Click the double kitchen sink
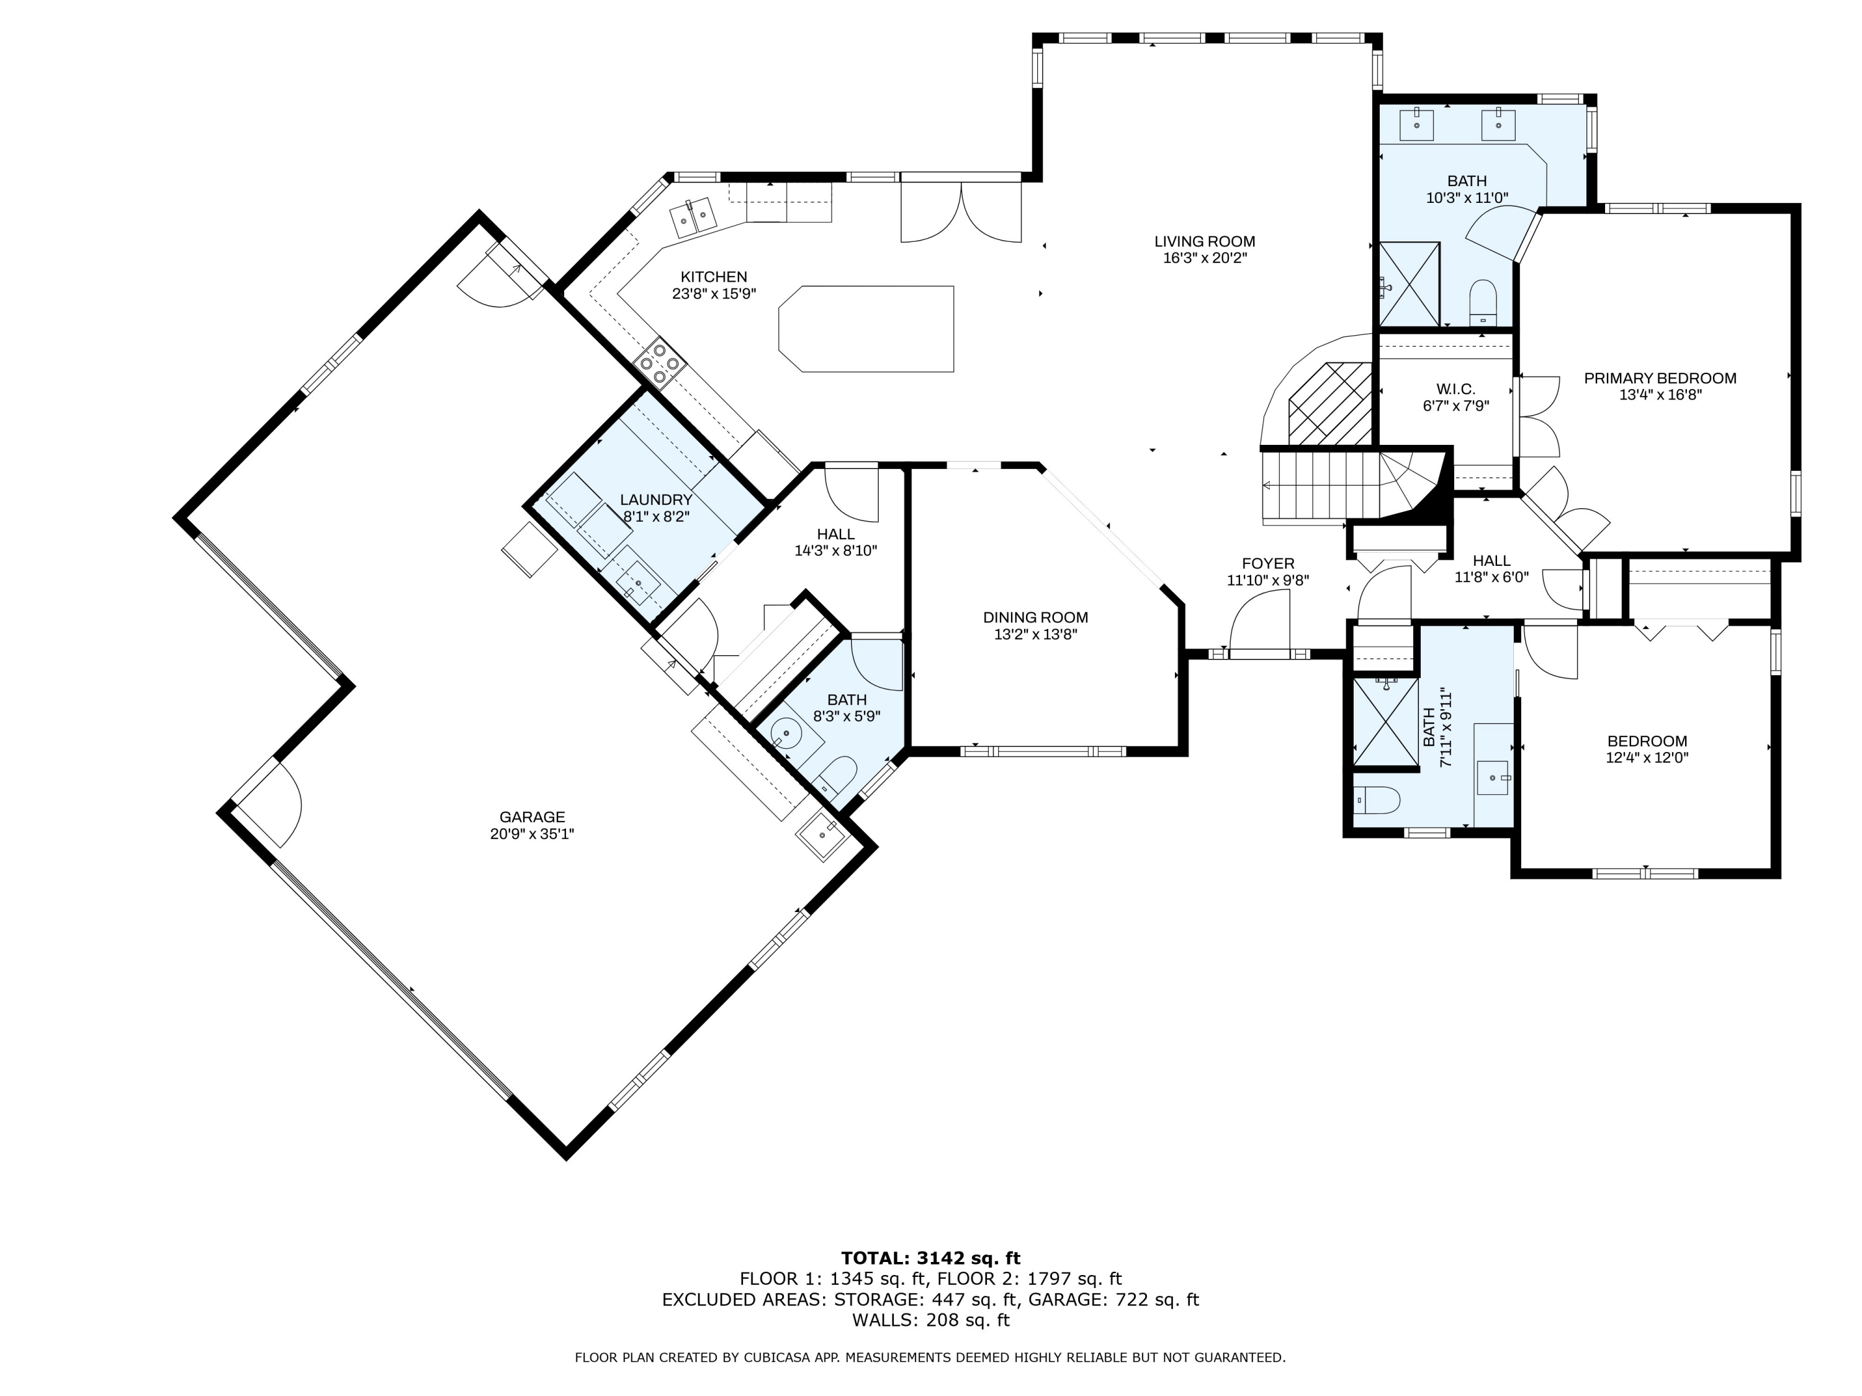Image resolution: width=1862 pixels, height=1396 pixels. [x=693, y=217]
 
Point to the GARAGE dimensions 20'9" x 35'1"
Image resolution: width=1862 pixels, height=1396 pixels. [x=531, y=834]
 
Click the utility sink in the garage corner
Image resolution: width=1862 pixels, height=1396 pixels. [x=820, y=836]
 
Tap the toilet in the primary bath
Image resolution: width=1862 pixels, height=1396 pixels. [x=1482, y=300]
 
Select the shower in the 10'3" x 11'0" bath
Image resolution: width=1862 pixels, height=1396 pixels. [x=1409, y=284]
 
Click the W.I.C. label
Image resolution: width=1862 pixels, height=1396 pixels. [x=1455, y=389]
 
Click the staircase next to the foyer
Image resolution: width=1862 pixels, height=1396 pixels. [x=1330, y=486]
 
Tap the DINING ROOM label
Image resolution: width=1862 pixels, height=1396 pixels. [x=1035, y=617]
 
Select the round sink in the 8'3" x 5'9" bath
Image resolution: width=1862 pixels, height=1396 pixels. [x=787, y=735]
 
